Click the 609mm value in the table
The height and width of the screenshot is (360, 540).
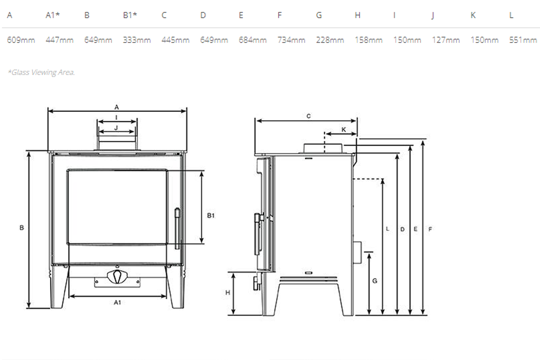(x=21, y=40)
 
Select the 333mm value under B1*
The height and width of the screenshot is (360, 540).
(x=137, y=40)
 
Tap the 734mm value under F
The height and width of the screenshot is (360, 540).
(x=291, y=40)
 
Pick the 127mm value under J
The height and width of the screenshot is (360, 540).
(x=446, y=40)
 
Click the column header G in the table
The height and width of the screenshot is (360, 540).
(x=319, y=15)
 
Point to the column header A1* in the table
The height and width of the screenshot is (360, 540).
(x=53, y=15)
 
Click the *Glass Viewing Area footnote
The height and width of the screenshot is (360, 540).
(x=41, y=72)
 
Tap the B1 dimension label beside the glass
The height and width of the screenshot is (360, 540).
(x=211, y=215)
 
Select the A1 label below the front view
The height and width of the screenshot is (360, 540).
(x=117, y=302)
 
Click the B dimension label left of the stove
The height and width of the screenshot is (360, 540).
(x=22, y=228)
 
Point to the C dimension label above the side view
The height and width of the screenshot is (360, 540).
(x=309, y=116)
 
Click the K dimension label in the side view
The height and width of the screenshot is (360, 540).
(x=343, y=130)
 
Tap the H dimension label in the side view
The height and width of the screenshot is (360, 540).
(x=228, y=292)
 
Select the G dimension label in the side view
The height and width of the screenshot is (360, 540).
(x=375, y=281)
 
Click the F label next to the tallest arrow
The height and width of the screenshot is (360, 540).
(x=430, y=229)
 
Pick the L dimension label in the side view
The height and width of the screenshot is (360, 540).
(x=388, y=229)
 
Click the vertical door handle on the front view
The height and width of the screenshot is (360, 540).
(x=177, y=228)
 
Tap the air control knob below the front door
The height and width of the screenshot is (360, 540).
(x=117, y=277)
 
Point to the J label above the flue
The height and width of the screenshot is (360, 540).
(x=116, y=128)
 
